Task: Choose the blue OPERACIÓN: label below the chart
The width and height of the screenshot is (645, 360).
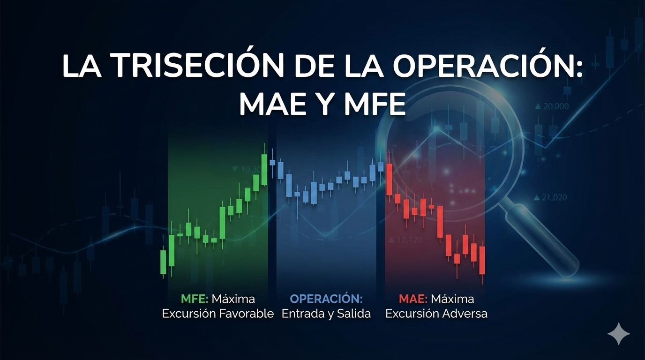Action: point(326,299)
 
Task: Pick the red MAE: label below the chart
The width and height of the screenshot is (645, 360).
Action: point(413,299)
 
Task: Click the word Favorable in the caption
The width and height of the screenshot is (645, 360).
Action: point(247,314)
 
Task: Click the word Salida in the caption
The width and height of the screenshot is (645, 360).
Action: point(354,314)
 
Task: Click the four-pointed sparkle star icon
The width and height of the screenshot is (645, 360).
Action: point(619,334)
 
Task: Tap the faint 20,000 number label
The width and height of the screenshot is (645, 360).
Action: point(555,107)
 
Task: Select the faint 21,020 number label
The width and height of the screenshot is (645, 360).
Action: point(554,198)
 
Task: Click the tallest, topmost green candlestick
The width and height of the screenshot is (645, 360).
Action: point(264,169)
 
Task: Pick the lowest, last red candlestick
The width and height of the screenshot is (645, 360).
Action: point(482,261)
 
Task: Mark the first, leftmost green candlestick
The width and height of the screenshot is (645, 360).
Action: point(164,262)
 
